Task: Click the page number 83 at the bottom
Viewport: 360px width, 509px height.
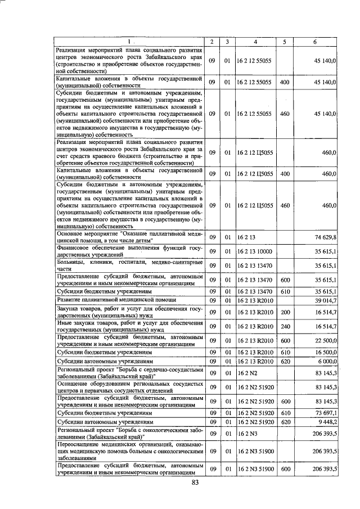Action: tap(196, 483)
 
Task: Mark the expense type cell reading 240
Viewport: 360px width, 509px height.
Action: tap(285, 326)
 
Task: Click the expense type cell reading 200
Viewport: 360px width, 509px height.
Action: tap(285, 312)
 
